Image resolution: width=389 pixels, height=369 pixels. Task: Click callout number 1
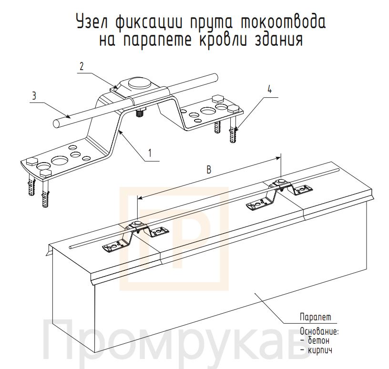pyautogui.click(x=150, y=153)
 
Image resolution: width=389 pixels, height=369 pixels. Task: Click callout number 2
pyautogui.click(x=82, y=66)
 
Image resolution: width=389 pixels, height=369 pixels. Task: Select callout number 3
pyautogui.click(x=34, y=96)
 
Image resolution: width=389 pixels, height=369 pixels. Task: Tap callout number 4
pyautogui.click(x=270, y=89)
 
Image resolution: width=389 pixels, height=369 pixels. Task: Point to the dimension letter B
pyautogui.click(x=209, y=170)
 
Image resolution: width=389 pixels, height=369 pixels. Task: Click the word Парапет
pyautogui.click(x=316, y=318)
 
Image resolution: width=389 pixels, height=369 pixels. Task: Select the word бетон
pyautogui.click(x=318, y=340)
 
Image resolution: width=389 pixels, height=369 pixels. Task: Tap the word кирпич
pyautogui.click(x=320, y=350)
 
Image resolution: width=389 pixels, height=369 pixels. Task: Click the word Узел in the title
pyautogui.click(x=92, y=22)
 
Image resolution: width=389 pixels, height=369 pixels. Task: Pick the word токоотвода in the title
pyautogui.click(x=283, y=22)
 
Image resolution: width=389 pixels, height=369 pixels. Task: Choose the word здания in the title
pyautogui.click(x=279, y=39)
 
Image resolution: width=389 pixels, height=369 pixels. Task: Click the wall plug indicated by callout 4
pyautogui.click(x=233, y=134)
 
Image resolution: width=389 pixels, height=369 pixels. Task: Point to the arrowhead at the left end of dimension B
pyautogui.click(x=140, y=198)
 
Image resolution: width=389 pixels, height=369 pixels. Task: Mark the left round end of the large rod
pyautogui.click(x=57, y=123)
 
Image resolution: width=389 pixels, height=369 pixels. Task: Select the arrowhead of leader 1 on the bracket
pyautogui.click(x=120, y=132)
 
